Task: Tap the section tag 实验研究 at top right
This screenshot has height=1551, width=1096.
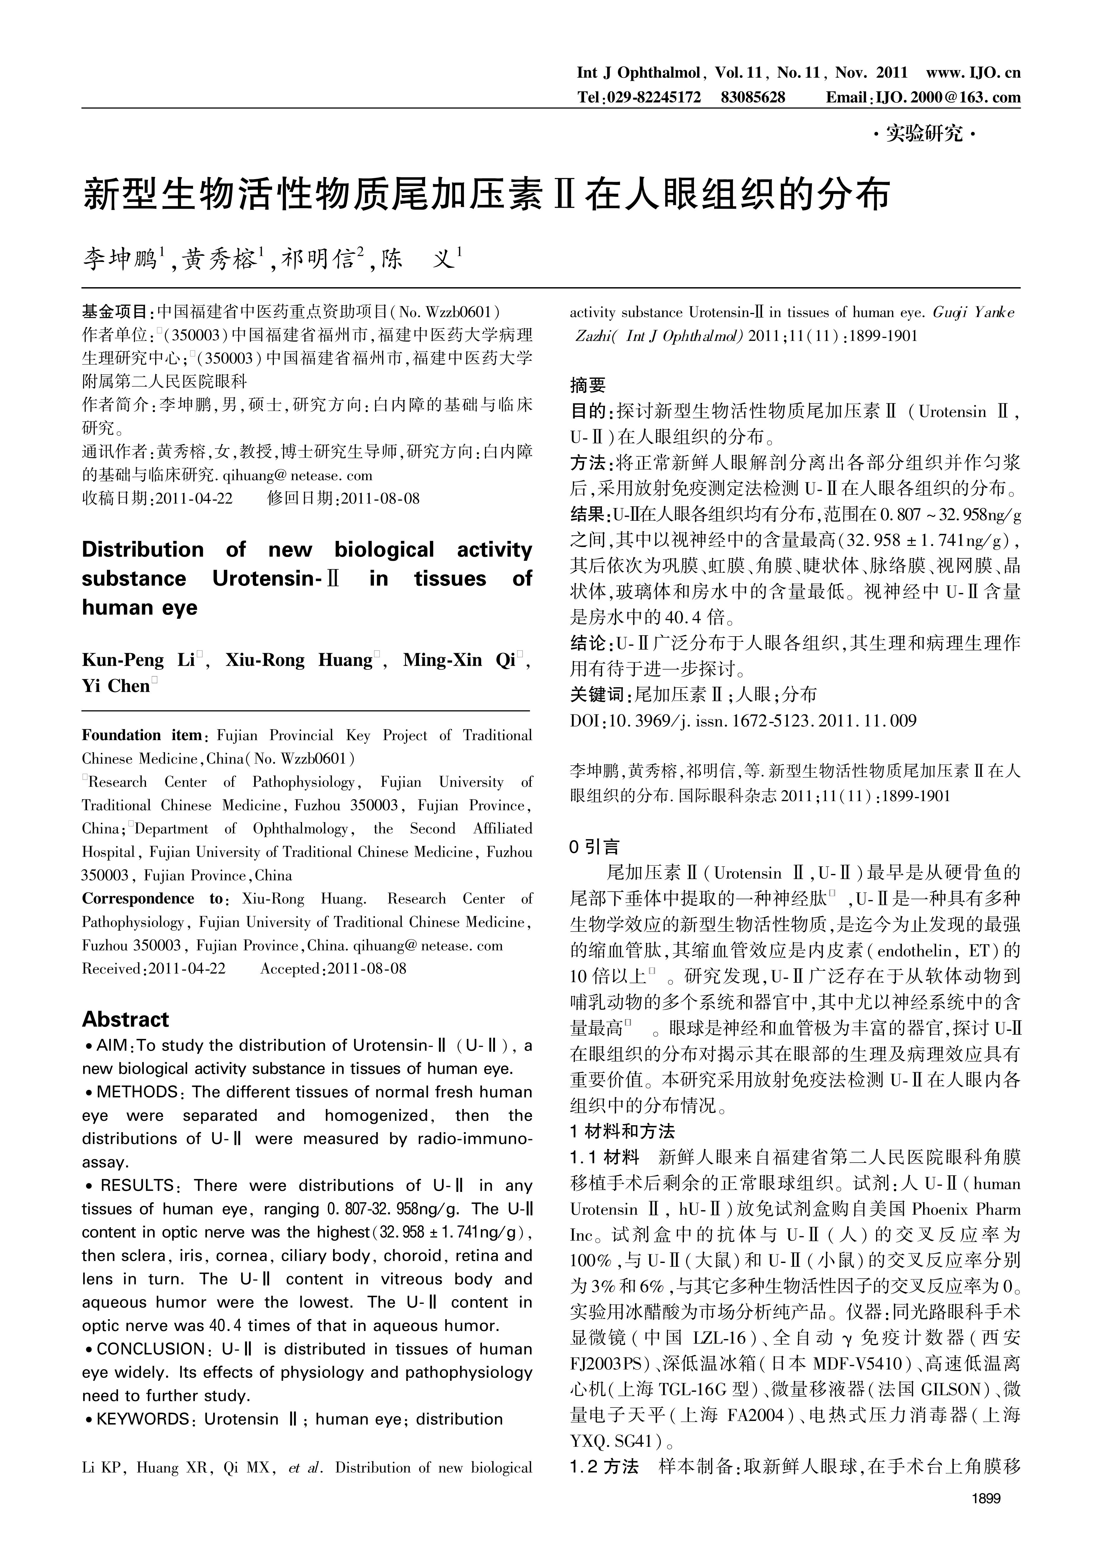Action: tap(924, 134)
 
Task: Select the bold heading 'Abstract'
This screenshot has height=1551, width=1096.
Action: tap(126, 1019)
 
